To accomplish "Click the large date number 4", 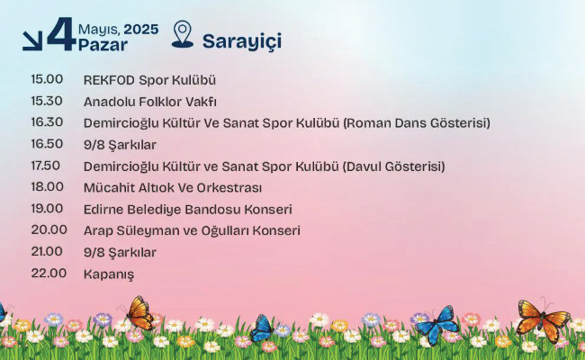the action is coord(61,34).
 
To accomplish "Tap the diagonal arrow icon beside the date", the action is coord(32,40).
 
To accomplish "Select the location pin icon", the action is coord(183,34).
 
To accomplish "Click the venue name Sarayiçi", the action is coord(242,41).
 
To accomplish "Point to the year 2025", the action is coord(141,30).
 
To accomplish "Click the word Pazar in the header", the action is coord(103,45).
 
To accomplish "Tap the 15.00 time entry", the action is coord(47,79).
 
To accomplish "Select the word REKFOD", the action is coord(109,80).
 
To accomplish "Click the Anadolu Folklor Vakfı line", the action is coord(150,102).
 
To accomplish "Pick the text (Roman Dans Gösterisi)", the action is coord(417,123).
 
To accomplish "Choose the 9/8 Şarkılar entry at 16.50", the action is coord(120,145).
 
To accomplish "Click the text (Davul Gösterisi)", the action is coord(393,166).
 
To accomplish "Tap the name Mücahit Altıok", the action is coord(129,187).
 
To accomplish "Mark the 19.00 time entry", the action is coord(47,209).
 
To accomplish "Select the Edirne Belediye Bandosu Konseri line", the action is coord(188,210).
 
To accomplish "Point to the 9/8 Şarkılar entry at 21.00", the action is coord(120,253).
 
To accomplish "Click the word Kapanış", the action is coord(109,274).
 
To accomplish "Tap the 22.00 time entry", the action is coord(49,273).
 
